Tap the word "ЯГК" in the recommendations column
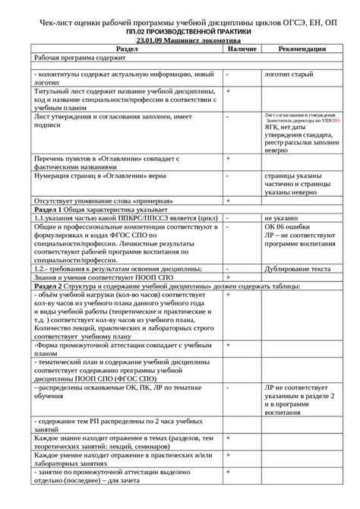272,127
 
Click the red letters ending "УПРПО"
335,120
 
